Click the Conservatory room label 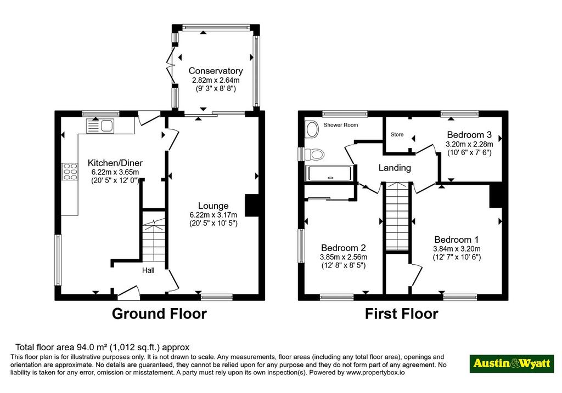215,71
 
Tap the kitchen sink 100,126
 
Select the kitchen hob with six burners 70,171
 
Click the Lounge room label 213,206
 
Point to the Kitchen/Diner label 115,163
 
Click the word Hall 148,270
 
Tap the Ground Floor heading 159,314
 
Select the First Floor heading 401,314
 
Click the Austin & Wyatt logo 512,363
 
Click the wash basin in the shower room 312,129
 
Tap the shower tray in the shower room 329,173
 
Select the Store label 397,135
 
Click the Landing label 395,168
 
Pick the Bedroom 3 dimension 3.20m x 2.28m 469,144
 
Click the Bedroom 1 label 456,240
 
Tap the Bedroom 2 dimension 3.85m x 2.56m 344,257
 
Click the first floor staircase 397,217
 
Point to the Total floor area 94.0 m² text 102,347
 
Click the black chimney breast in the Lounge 251,206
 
